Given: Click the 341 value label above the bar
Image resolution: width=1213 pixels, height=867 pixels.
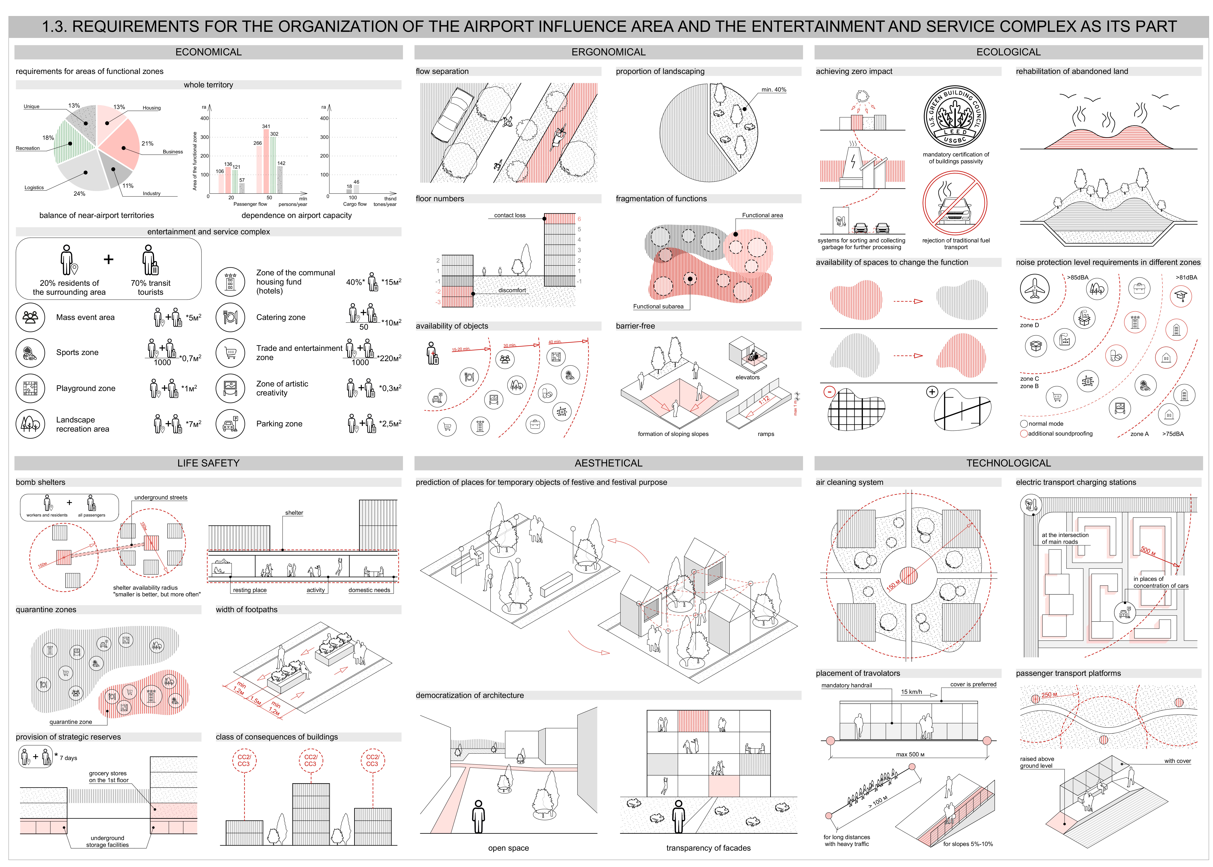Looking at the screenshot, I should click(x=266, y=127).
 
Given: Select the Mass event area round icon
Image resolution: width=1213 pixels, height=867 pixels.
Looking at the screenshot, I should click(x=30, y=317).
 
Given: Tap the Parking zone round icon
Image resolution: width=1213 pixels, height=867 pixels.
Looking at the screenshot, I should click(x=230, y=424).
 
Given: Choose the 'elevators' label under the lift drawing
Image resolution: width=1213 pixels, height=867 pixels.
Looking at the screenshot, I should click(x=747, y=377).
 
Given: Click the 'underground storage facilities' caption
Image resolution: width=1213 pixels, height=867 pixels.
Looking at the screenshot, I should click(x=107, y=841).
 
